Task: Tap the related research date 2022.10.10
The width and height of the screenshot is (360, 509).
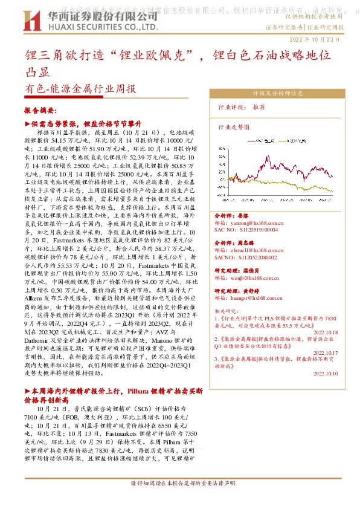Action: coord(326,374)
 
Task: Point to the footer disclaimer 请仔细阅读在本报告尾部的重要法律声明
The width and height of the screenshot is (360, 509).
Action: coord(179,501)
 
